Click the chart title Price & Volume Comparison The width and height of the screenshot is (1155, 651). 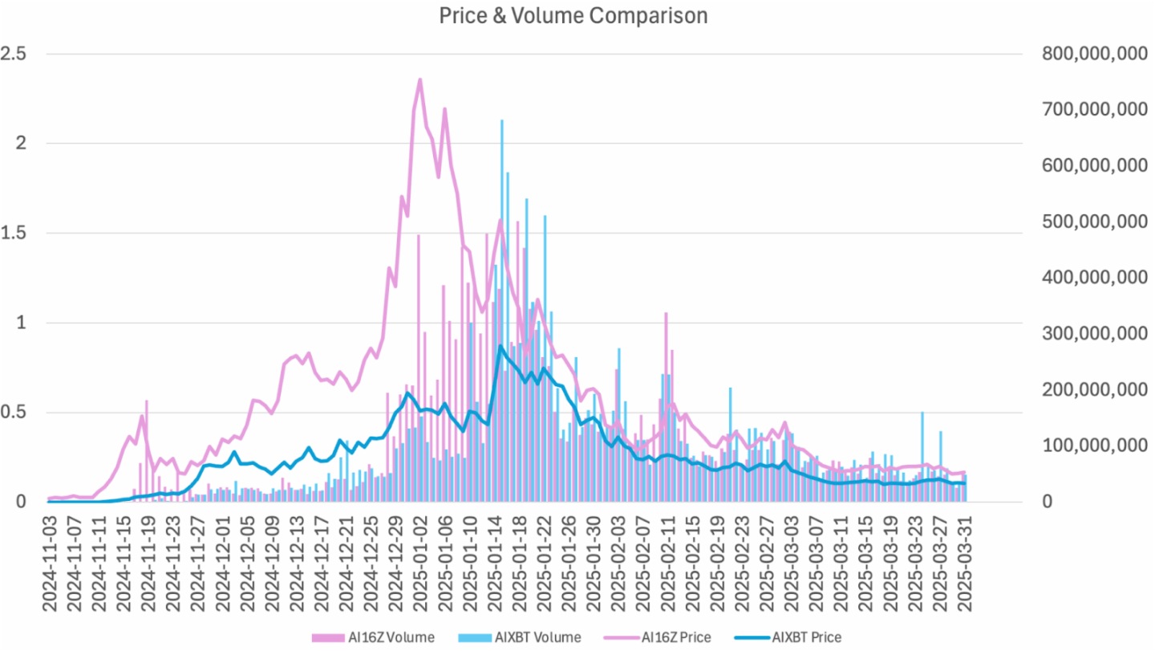(x=573, y=15)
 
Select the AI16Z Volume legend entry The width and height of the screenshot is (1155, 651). (x=374, y=637)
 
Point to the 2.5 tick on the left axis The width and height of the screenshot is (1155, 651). (x=14, y=54)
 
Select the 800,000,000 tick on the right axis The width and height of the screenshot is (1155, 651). (x=1093, y=54)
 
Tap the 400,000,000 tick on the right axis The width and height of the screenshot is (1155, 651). (x=1093, y=278)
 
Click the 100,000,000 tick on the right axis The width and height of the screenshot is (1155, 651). (x=1093, y=446)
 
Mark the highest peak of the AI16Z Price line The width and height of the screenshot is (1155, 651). (x=419, y=79)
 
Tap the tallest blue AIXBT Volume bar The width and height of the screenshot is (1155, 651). (x=501, y=120)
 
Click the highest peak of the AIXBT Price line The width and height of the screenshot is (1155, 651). (x=500, y=346)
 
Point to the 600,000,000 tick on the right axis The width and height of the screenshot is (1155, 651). (x=1093, y=166)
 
